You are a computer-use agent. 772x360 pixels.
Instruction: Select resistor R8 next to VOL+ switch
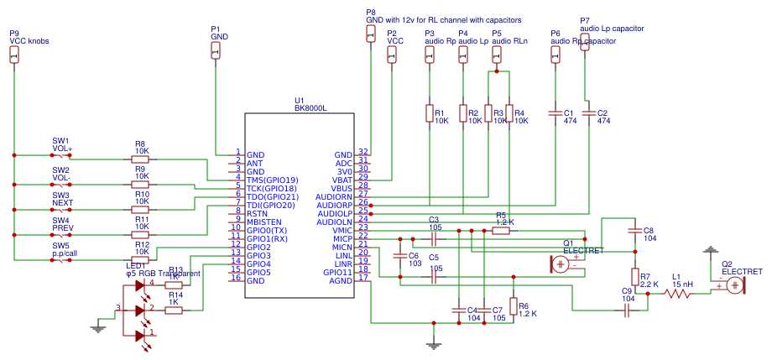point(139,159)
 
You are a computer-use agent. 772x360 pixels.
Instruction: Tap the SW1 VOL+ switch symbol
point(61,155)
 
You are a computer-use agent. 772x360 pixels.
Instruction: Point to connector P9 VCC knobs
point(13,55)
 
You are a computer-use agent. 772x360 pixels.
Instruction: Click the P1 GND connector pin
point(216,51)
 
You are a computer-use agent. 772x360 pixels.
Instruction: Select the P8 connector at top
point(370,33)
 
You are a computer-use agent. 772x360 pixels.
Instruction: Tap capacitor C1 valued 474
point(555,112)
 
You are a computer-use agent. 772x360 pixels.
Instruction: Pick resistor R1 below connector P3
point(429,113)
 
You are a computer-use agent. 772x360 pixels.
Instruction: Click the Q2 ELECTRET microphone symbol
point(735,284)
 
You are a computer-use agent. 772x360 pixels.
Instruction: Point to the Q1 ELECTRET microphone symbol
point(561,263)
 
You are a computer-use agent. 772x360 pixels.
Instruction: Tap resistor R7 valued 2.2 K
point(634,276)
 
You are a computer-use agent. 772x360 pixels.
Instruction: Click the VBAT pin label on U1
point(343,180)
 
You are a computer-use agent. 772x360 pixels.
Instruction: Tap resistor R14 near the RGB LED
point(174,310)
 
